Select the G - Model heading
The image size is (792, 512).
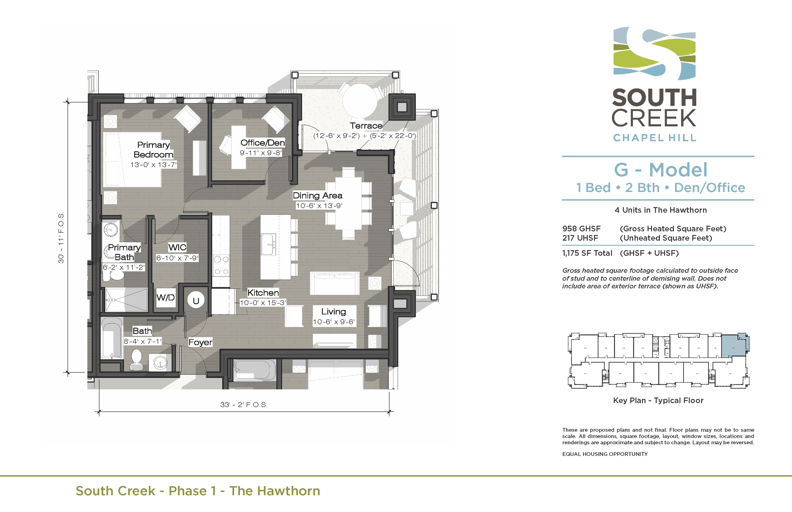click(661, 170)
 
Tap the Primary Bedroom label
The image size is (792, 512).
click(154, 150)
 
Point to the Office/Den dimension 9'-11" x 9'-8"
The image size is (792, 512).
click(261, 153)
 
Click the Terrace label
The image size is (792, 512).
click(366, 126)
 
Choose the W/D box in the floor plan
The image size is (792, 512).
click(165, 298)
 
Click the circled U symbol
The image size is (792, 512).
click(196, 300)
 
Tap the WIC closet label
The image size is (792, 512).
click(177, 247)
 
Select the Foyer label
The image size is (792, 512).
click(200, 342)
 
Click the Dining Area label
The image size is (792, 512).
click(317, 195)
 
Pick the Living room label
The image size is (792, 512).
click(333, 312)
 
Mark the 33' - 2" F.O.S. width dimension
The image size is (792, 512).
click(244, 405)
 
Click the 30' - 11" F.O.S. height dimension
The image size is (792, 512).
click(61, 237)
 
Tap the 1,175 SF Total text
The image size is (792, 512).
click(587, 253)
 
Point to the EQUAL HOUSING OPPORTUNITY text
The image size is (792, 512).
click(605, 454)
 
